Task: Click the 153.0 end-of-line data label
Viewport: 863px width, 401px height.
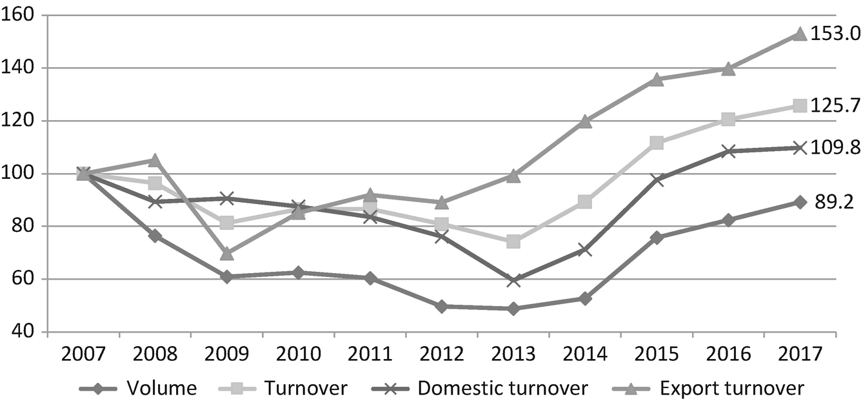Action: (x=835, y=34)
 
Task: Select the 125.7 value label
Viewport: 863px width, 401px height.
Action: (x=835, y=105)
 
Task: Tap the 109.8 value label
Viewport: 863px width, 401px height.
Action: (x=835, y=148)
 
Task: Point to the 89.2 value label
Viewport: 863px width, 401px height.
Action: (x=835, y=202)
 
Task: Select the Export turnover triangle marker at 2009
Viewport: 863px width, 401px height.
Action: (x=226, y=254)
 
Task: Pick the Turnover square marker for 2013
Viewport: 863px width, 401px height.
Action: (x=513, y=242)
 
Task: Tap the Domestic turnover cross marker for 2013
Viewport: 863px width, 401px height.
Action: (x=513, y=280)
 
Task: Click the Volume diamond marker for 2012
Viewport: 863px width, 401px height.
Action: (x=442, y=306)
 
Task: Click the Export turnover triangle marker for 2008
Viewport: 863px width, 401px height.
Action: (x=155, y=160)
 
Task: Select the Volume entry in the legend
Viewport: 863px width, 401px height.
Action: (x=139, y=388)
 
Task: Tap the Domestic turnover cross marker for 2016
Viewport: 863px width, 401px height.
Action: (x=728, y=151)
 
